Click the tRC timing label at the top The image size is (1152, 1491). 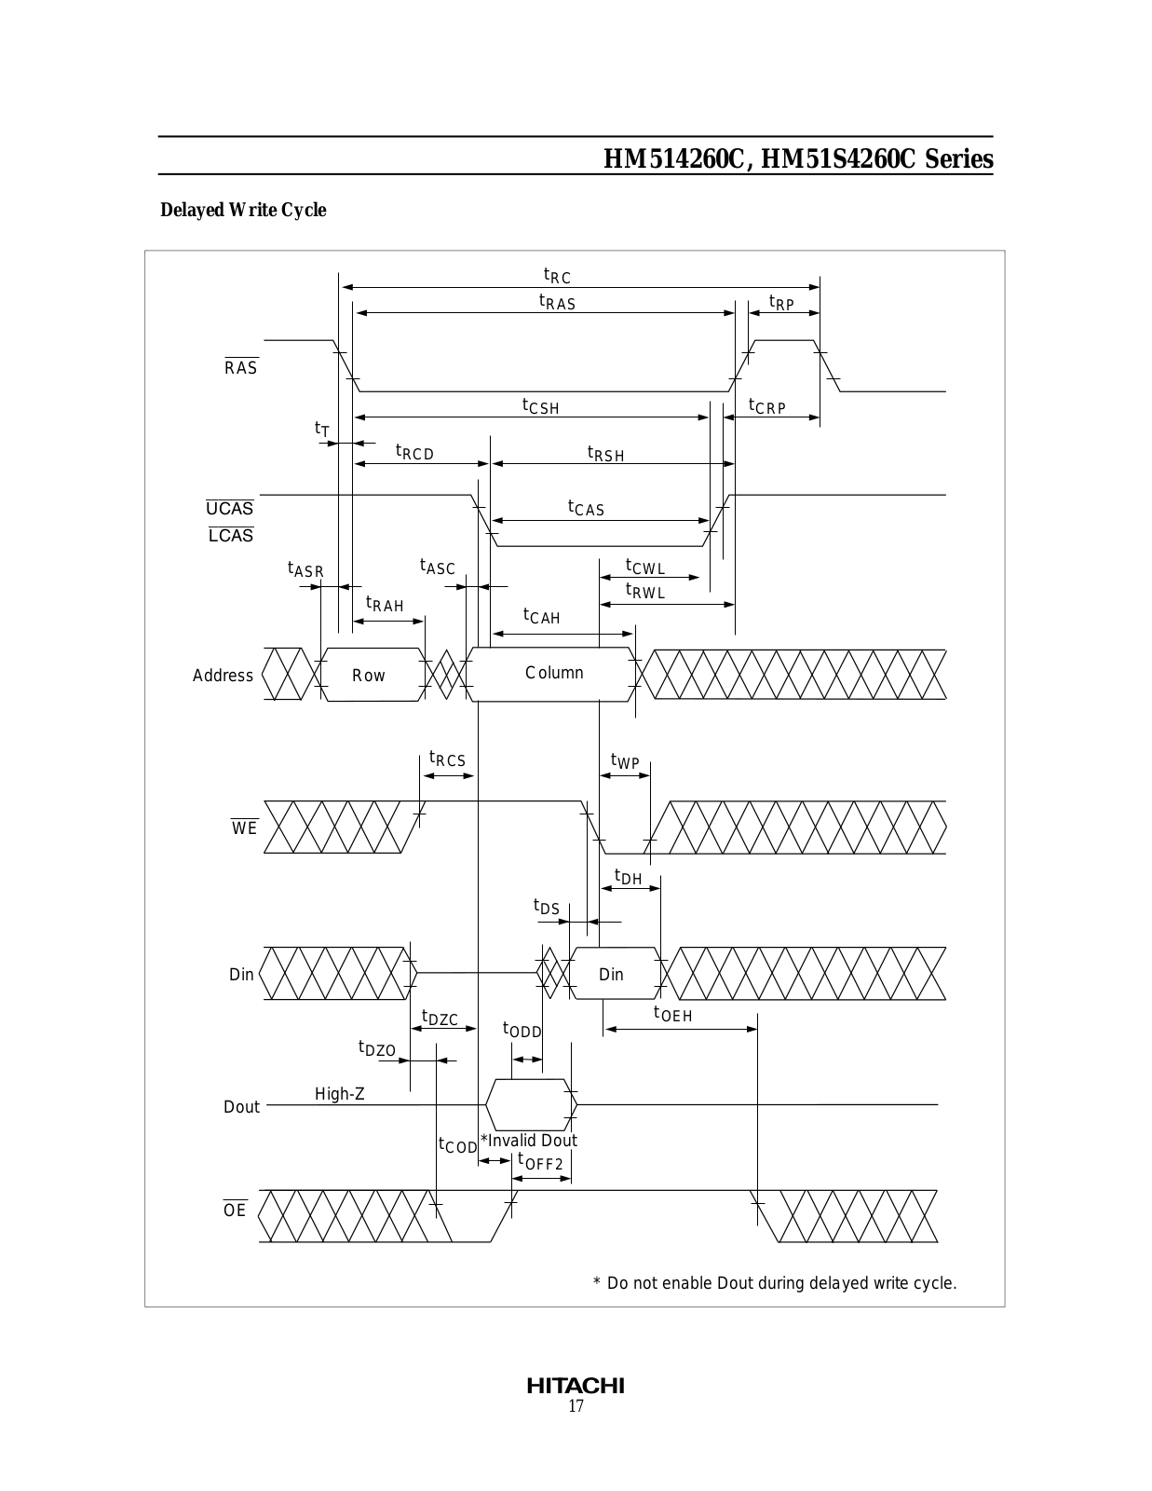click(x=557, y=276)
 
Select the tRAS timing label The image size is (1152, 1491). click(x=557, y=302)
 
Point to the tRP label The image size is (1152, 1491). click(x=781, y=303)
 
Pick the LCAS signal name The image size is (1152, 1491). click(x=231, y=535)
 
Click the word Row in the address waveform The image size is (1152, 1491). click(x=368, y=676)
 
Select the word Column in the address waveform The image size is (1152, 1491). click(x=554, y=673)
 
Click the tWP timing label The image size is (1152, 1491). click(x=625, y=761)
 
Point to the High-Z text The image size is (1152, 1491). click(x=339, y=1094)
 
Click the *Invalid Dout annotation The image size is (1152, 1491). click(x=529, y=1141)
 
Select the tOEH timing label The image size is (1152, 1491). click(x=672, y=1014)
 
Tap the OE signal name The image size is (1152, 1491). click(x=235, y=1210)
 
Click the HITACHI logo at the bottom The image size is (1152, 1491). click(x=576, y=1386)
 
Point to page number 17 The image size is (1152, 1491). click(x=576, y=1406)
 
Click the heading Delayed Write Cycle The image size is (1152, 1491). click(x=243, y=210)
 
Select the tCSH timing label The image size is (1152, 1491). click(x=540, y=406)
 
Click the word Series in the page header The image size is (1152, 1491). click(x=959, y=158)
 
